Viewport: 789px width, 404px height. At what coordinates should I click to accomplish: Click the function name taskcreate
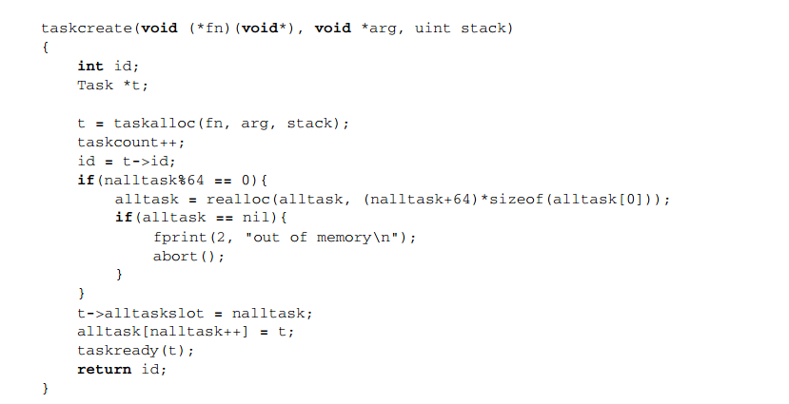coord(85,28)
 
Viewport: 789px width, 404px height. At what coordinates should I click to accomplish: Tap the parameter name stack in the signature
coord(484,28)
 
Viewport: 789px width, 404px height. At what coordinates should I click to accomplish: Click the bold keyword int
coord(90,66)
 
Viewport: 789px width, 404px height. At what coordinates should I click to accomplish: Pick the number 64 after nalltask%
coord(196,180)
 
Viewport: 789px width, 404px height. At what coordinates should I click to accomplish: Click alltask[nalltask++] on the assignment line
coord(161,332)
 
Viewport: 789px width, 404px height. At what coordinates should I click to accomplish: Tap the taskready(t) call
coord(134,351)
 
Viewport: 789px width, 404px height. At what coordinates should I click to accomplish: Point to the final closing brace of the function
coord(45,389)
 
